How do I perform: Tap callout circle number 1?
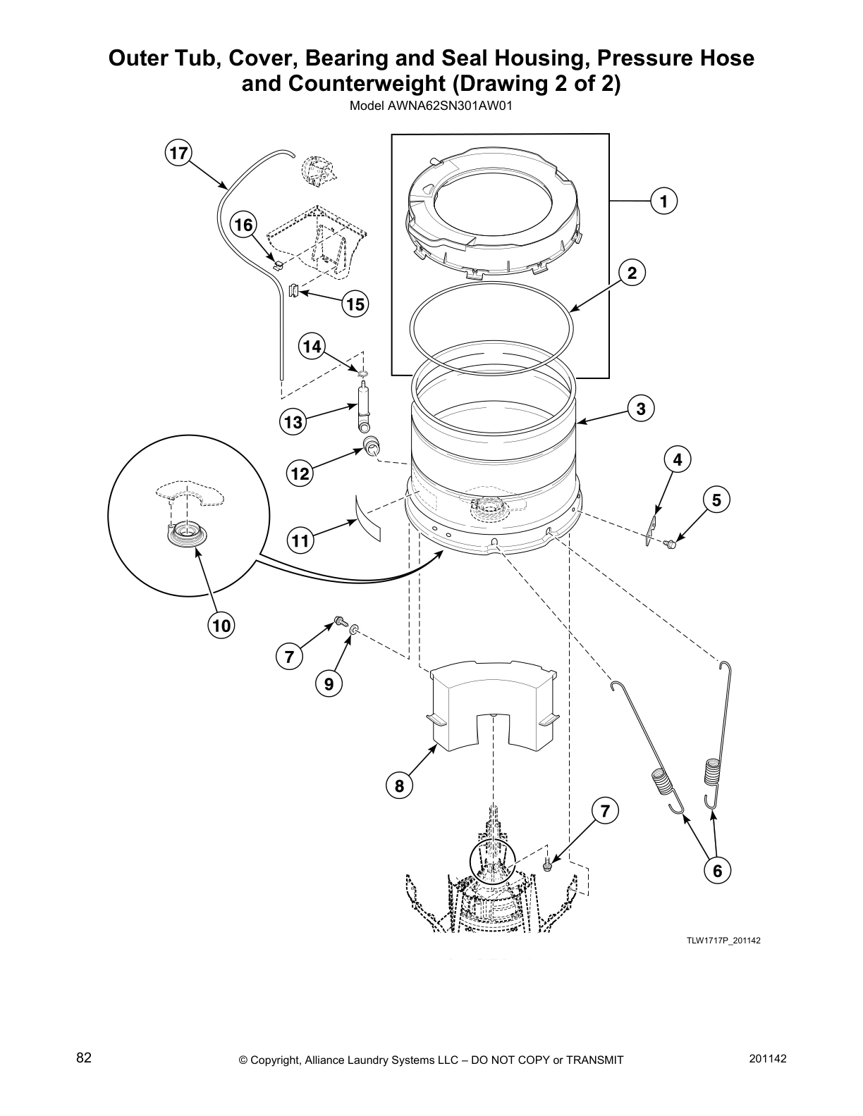click(x=663, y=201)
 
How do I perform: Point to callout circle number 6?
click(x=716, y=872)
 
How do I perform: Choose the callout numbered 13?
click(x=293, y=423)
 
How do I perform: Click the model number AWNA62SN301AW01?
click(x=431, y=108)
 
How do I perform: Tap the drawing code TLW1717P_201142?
click(x=725, y=941)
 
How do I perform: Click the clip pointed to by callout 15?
click(x=294, y=289)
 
